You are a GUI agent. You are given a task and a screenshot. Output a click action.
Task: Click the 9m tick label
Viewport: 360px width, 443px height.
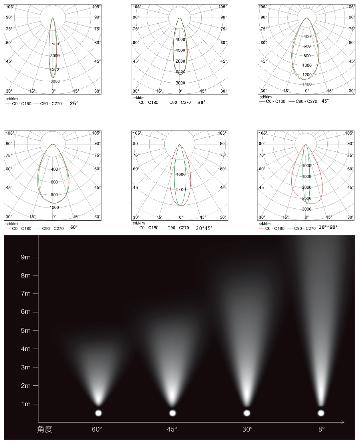pos(25,257)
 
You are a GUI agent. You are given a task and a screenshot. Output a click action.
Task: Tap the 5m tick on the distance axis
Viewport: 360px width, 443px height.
pos(25,330)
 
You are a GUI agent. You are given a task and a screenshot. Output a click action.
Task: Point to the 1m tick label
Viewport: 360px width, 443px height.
pos(25,404)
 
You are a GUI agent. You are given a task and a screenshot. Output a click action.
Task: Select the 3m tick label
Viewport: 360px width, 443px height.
pos(25,367)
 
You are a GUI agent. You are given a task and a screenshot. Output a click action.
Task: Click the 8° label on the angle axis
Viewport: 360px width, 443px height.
pos(321,429)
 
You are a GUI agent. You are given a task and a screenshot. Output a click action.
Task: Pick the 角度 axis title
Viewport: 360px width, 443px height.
pos(45,429)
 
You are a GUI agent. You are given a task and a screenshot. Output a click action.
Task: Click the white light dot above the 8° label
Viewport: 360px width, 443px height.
pos(321,413)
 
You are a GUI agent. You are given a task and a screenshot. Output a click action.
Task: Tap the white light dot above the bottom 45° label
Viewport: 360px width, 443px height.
pos(173,413)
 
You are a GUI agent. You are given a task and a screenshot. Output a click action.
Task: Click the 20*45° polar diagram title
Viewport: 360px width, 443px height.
pos(204,228)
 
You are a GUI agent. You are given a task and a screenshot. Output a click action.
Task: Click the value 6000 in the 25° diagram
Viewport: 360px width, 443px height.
pos(55,81)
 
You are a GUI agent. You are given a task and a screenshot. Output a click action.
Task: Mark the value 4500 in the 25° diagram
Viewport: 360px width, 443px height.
pos(55,69)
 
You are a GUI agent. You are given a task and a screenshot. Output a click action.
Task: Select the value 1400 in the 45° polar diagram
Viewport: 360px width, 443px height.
pos(306,84)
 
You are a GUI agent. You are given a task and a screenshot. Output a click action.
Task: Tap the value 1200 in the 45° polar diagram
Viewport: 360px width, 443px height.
pos(306,75)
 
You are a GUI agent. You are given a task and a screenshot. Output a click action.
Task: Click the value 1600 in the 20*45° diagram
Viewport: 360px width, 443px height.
pos(181,175)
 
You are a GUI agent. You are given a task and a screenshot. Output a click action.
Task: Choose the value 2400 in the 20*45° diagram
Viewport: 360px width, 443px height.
pos(181,190)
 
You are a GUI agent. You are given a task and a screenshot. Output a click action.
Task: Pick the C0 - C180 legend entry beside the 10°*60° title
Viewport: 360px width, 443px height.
pos(275,228)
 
